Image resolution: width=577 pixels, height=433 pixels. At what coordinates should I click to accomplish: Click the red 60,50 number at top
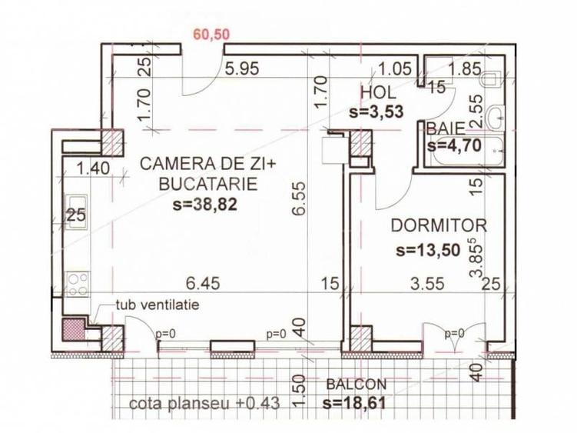pos(211,35)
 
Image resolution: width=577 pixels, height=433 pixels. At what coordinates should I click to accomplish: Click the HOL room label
pos(378,93)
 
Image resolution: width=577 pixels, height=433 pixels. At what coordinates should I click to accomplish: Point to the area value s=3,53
pos(377,112)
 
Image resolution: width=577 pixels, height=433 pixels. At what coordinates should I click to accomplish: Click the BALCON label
pos(356,385)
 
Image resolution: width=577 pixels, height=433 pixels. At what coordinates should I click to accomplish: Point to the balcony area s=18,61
pos(354,402)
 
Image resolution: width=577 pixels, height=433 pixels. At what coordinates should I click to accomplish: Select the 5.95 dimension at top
pos(240,69)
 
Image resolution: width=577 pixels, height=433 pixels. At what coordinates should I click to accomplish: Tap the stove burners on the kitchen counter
pos(77,284)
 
